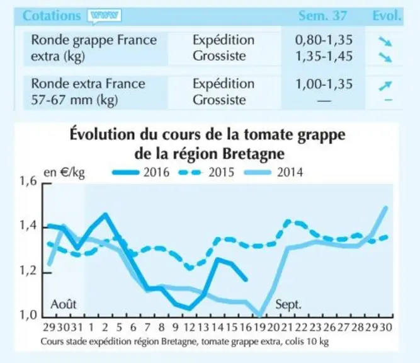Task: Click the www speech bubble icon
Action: click(x=104, y=16)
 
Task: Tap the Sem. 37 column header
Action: click(x=323, y=16)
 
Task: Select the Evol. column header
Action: click(x=387, y=16)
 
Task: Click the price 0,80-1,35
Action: click(x=324, y=40)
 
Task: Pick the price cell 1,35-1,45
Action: click(x=324, y=56)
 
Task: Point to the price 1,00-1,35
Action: click(x=324, y=84)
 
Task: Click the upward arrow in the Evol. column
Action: click(x=385, y=86)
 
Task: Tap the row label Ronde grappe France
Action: click(x=94, y=40)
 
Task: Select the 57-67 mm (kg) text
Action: click(x=74, y=100)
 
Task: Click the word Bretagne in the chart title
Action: click(x=253, y=154)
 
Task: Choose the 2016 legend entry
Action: click(x=140, y=172)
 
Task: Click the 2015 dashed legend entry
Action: click(x=207, y=172)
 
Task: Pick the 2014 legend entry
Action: click(x=273, y=172)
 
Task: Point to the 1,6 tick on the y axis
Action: click(x=28, y=181)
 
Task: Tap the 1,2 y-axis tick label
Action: click(x=28, y=271)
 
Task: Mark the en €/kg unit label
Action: click(x=64, y=173)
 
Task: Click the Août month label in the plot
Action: click(x=64, y=304)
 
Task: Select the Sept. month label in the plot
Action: click(x=288, y=305)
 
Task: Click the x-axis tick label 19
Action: click(x=259, y=327)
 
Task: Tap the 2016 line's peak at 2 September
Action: click(x=105, y=214)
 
